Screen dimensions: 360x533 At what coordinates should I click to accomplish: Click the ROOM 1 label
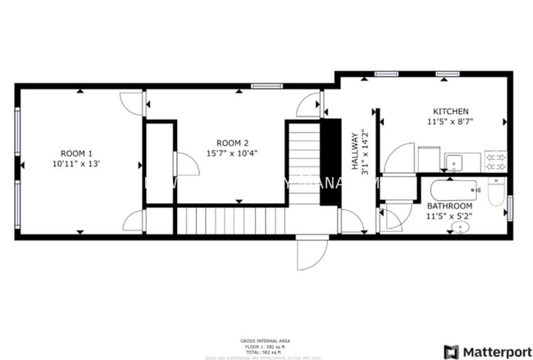click(x=76, y=153)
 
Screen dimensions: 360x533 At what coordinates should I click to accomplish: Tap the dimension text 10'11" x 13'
click(x=76, y=164)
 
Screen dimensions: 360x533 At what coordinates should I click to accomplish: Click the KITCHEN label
click(x=450, y=111)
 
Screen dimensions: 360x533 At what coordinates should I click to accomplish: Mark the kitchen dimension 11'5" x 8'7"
click(x=450, y=121)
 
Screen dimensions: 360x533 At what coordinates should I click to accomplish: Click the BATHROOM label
click(x=450, y=206)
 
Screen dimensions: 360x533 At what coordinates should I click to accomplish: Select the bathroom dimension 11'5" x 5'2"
click(x=450, y=216)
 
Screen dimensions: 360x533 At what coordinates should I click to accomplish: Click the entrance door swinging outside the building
click(x=312, y=255)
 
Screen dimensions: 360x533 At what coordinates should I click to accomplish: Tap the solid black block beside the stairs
click(x=330, y=155)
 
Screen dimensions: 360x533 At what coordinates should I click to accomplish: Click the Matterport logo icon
click(x=450, y=352)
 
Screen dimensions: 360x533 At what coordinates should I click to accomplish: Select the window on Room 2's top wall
click(x=262, y=86)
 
